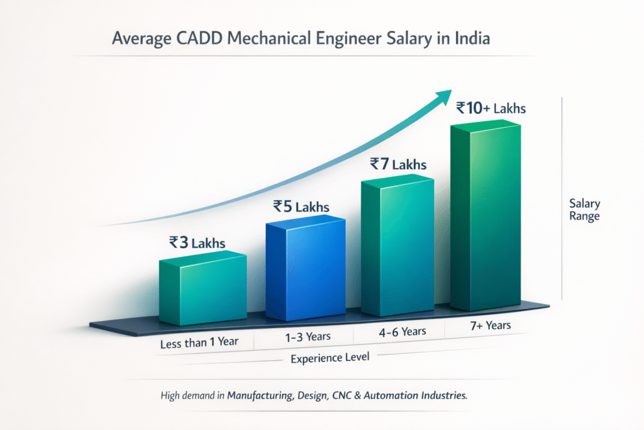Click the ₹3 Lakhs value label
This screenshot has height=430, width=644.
[x=197, y=242]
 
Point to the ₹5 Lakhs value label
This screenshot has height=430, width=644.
[x=301, y=206]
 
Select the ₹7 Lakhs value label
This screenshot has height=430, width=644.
[x=397, y=166]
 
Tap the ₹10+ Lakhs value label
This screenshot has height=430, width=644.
[x=491, y=108]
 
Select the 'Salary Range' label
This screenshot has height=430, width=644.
[x=584, y=210]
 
